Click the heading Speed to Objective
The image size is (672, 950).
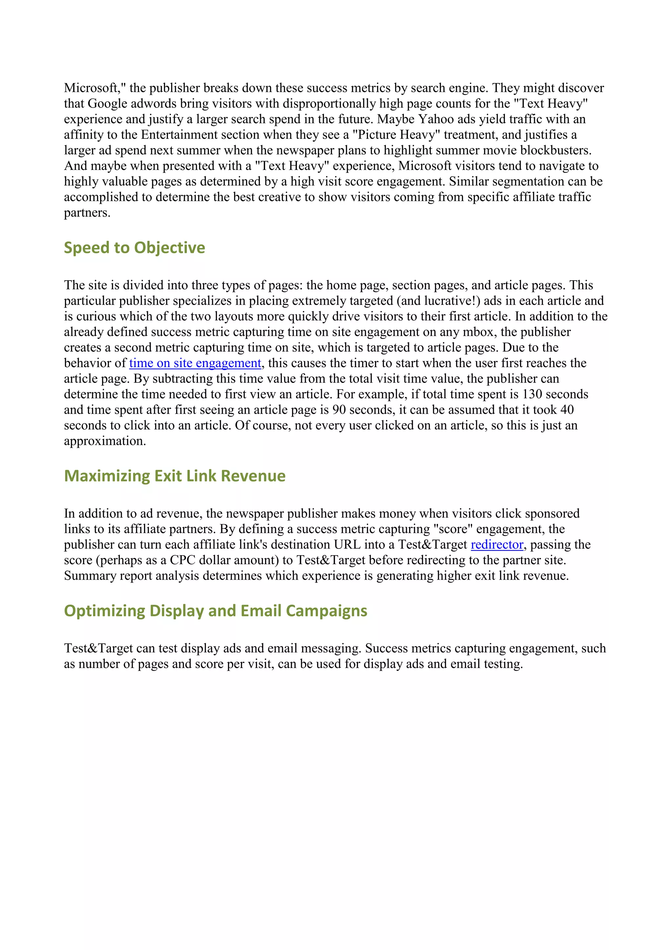(x=134, y=247)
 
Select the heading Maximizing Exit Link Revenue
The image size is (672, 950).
(x=174, y=476)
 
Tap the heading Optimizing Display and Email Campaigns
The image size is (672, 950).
(x=215, y=611)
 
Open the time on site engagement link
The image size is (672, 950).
(x=195, y=363)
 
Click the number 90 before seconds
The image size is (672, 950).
(x=339, y=410)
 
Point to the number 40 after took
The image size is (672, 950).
(x=566, y=410)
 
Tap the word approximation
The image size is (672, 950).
(x=105, y=441)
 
